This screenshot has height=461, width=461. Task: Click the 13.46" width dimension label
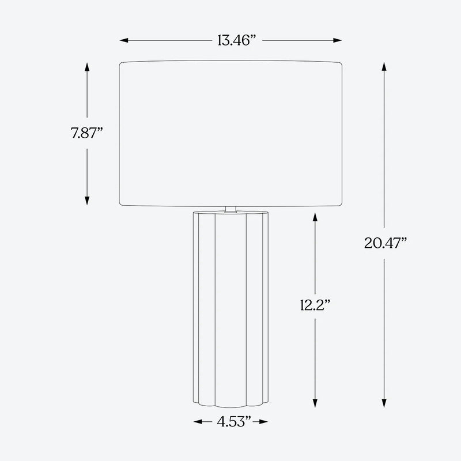tap(237, 40)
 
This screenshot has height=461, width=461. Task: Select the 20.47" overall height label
tap(385, 243)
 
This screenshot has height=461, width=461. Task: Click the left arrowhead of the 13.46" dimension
tap(123, 40)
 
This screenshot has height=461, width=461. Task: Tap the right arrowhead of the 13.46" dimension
tap(339, 40)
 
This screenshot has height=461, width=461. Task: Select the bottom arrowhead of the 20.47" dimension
tap(384, 405)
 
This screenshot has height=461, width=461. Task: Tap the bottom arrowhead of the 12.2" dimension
tap(315, 405)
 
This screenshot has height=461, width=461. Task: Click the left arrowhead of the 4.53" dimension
tap(197, 422)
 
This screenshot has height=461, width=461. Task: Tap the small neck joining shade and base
tap(231, 209)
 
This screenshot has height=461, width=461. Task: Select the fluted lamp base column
tap(231, 305)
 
